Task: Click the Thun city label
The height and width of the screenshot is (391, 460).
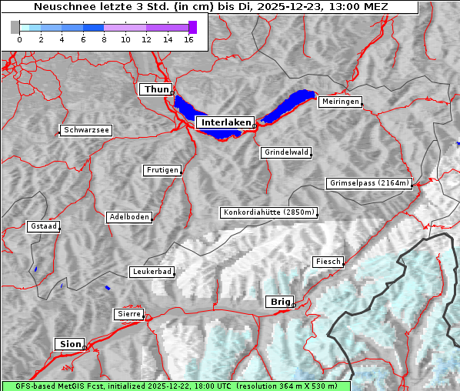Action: tap(155, 90)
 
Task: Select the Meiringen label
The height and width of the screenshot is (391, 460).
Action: tap(339, 102)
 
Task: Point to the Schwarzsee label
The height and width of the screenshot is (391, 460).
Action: tap(86, 131)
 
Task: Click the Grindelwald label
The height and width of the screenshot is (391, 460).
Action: tap(286, 152)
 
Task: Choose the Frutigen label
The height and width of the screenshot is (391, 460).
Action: tap(162, 170)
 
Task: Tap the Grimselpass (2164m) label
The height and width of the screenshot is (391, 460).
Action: tap(368, 183)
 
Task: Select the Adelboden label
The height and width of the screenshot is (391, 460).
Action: tap(128, 217)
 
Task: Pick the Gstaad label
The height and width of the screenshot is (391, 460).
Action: tap(43, 226)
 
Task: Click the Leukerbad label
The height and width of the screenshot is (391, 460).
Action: tap(152, 272)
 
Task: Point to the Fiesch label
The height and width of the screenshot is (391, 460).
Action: tap(327, 262)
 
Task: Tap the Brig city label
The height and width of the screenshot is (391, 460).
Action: tap(278, 302)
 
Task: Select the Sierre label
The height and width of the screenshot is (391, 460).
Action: tap(128, 314)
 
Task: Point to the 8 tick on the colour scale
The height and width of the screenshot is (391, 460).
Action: tap(104, 39)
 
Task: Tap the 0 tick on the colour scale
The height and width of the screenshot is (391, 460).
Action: tap(18, 39)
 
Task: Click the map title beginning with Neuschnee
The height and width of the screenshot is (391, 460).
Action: tap(211, 7)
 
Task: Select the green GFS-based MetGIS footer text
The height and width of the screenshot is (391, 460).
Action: tap(176, 386)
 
